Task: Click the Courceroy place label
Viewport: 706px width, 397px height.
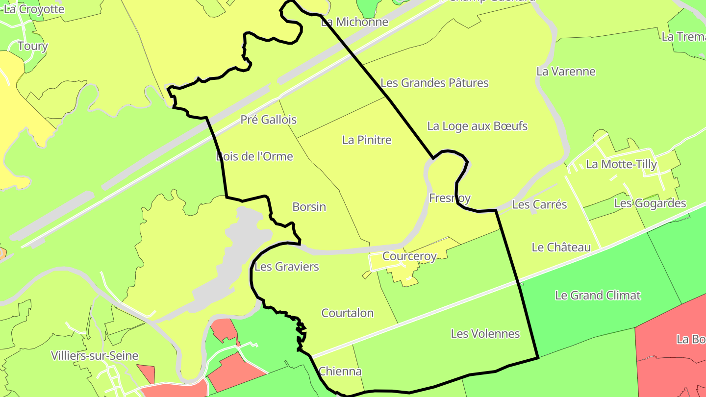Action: click(x=409, y=256)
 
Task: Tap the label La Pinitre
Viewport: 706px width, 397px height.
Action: click(x=367, y=140)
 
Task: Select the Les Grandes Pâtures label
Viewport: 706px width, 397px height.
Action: click(x=434, y=83)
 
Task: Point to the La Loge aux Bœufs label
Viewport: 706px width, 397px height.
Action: click(x=477, y=126)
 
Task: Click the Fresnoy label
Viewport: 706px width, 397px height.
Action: click(x=450, y=198)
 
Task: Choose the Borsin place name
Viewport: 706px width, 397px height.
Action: click(x=309, y=207)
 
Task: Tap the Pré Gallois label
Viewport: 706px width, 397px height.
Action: click(x=268, y=120)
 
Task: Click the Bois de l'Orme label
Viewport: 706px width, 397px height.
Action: click(x=254, y=156)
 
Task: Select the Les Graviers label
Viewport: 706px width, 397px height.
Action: click(x=286, y=267)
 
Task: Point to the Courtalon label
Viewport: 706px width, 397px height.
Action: click(x=347, y=313)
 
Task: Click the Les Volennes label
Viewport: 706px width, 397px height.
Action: click(x=485, y=334)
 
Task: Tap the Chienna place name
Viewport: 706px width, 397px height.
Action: click(x=340, y=371)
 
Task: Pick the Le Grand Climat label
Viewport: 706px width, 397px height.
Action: click(x=598, y=296)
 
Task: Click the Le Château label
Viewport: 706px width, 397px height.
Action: click(x=561, y=248)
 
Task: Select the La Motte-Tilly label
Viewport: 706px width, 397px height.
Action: click(x=621, y=164)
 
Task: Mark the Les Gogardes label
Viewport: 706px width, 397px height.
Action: click(x=650, y=203)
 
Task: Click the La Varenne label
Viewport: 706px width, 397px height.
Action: click(x=566, y=72)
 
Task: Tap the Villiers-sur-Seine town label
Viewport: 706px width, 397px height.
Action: click(x=95, y=356)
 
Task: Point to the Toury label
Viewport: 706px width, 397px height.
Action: click(x=32, y=46)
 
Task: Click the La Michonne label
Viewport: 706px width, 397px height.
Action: click(x=354, y=22)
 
